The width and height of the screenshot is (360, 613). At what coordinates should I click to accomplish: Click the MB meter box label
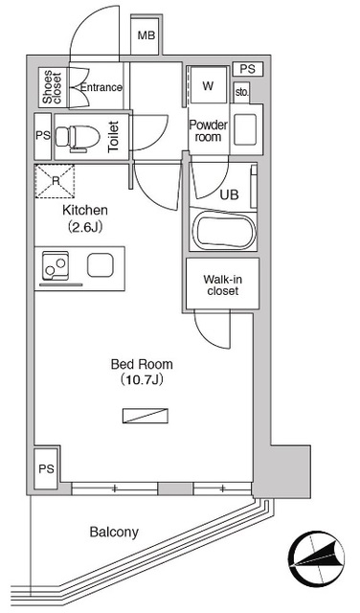(x=146, y=36)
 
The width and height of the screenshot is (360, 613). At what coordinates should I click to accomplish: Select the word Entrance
(x=101, y=87)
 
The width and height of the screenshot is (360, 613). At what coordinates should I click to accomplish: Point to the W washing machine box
(x=208, y=85)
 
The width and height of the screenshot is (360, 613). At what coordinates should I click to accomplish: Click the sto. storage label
(x=242, y=93)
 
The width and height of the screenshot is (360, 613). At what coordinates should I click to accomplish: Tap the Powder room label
(x=209, y=131)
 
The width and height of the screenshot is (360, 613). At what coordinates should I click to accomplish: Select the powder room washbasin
(x=245, y=129)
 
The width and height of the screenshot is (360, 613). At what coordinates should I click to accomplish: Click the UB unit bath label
(x=230, y=194)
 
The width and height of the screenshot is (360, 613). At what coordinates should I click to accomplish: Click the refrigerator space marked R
(x=55, y=181)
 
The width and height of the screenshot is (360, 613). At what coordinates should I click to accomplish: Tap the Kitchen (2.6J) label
(x=85, y=218)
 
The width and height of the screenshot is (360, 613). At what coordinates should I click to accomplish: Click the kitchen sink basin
(x=101, y=264)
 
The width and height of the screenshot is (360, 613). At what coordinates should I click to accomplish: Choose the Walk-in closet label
(x=223, y=285)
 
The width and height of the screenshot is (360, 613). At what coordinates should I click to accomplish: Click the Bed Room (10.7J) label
(x=142, y=372)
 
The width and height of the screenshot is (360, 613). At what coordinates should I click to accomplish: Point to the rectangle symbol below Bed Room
(x=146, y=416)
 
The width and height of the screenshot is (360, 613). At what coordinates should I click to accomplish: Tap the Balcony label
(x=114, y=533)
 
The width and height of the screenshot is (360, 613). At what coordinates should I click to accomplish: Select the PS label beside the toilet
(x=43, y=136)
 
